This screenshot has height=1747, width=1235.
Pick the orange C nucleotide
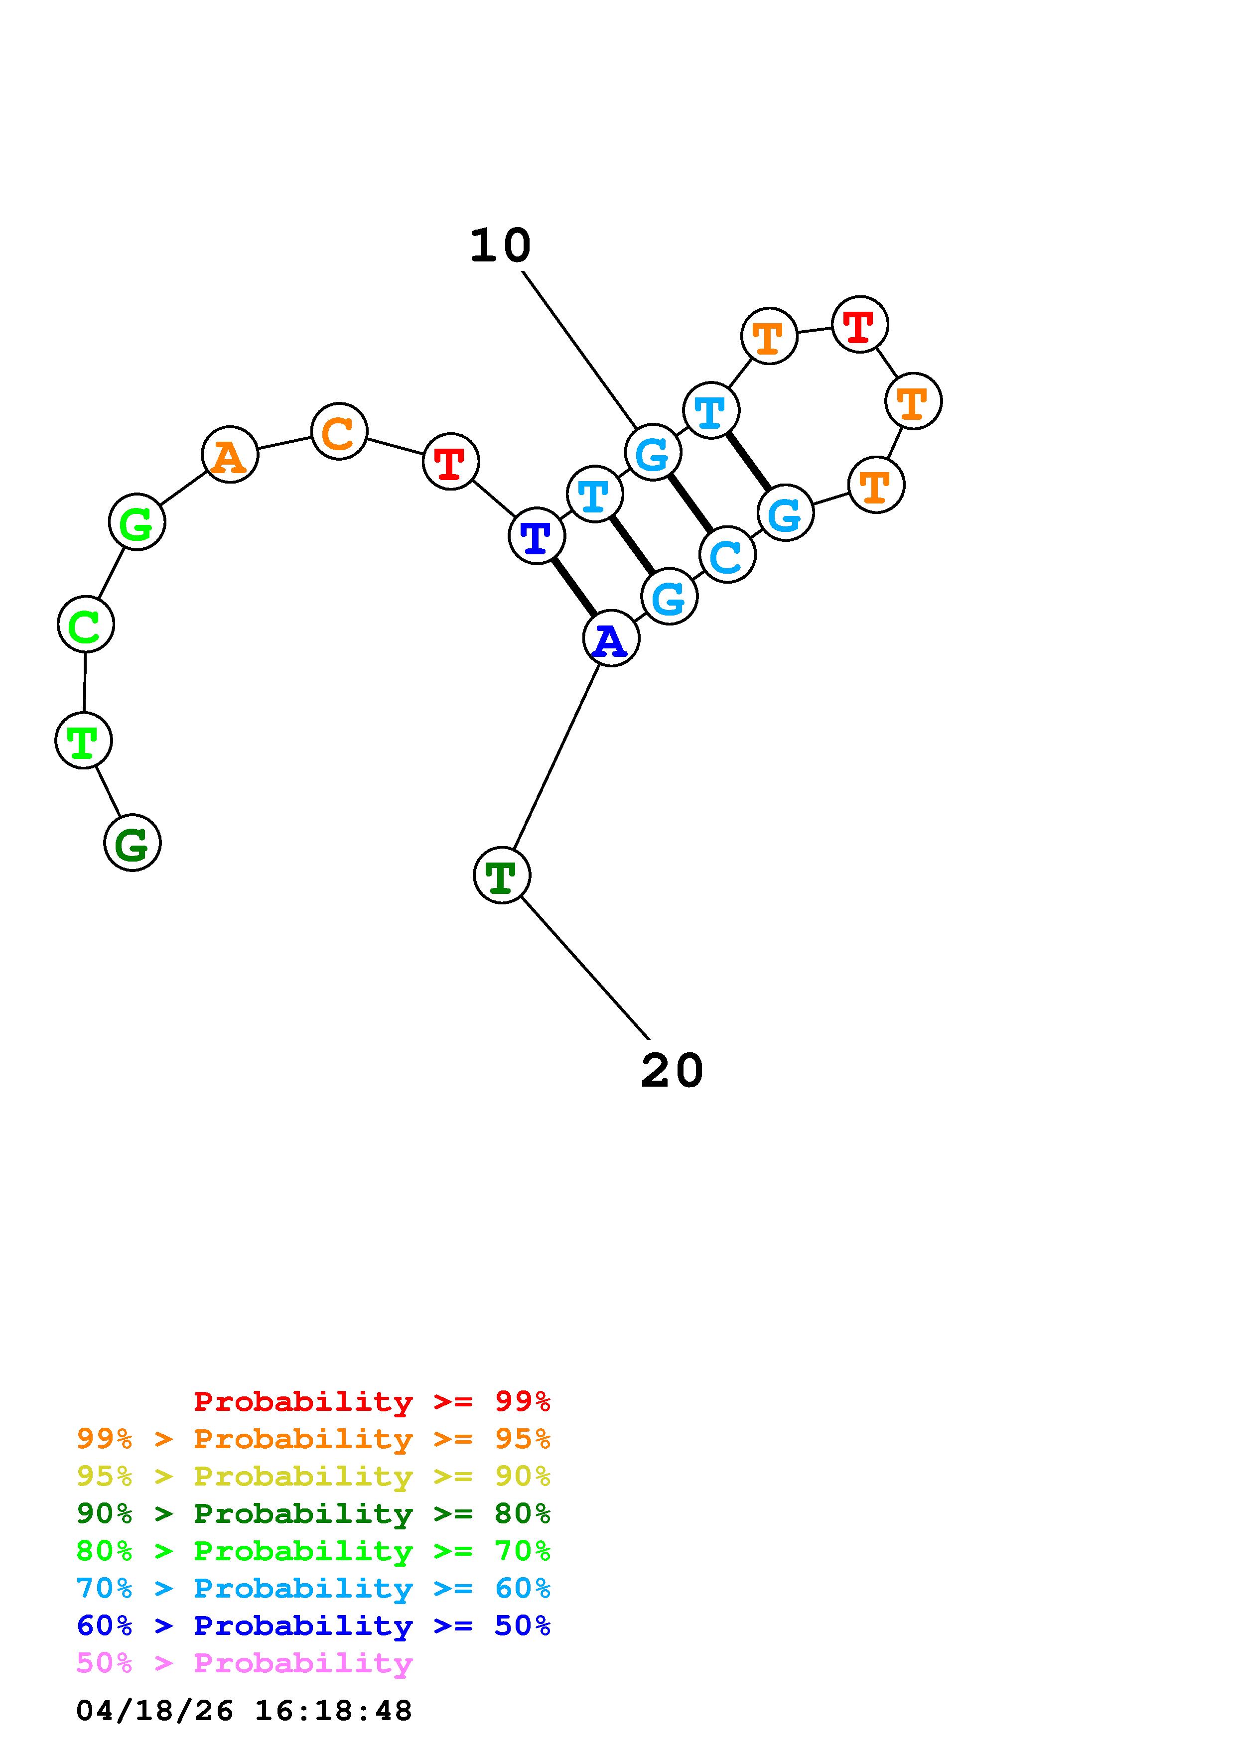(x=339, y=431)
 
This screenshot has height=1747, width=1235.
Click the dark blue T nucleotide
(x=537, y=536)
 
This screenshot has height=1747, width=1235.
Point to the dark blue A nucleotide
(x=611, y=638)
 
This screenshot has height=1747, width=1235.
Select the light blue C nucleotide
(x=727, y=555)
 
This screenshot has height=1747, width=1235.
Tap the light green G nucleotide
(x=137, y=522)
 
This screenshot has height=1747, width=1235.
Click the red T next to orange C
(x=450, y=461)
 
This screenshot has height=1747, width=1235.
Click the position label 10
(x=500, y=246)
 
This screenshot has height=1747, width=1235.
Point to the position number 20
(x=672, y=1071)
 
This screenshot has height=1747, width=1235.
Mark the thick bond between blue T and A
(x=574, y=588)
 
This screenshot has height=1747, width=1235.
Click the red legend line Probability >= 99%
(x=372, y=1401)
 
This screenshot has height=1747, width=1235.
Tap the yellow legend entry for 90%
(x=313, y=1476)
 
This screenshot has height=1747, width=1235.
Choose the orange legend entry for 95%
(x=313, y=1439)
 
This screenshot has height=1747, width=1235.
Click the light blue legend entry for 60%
(x=313, y=1589)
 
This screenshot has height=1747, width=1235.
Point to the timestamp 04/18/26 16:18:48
(x=244, y=1711)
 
